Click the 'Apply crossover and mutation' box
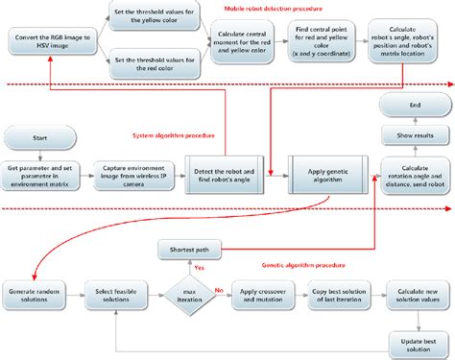pyautogui.click(x=260, y=294)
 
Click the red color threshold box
pyautogui.click(x=154, y=63)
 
